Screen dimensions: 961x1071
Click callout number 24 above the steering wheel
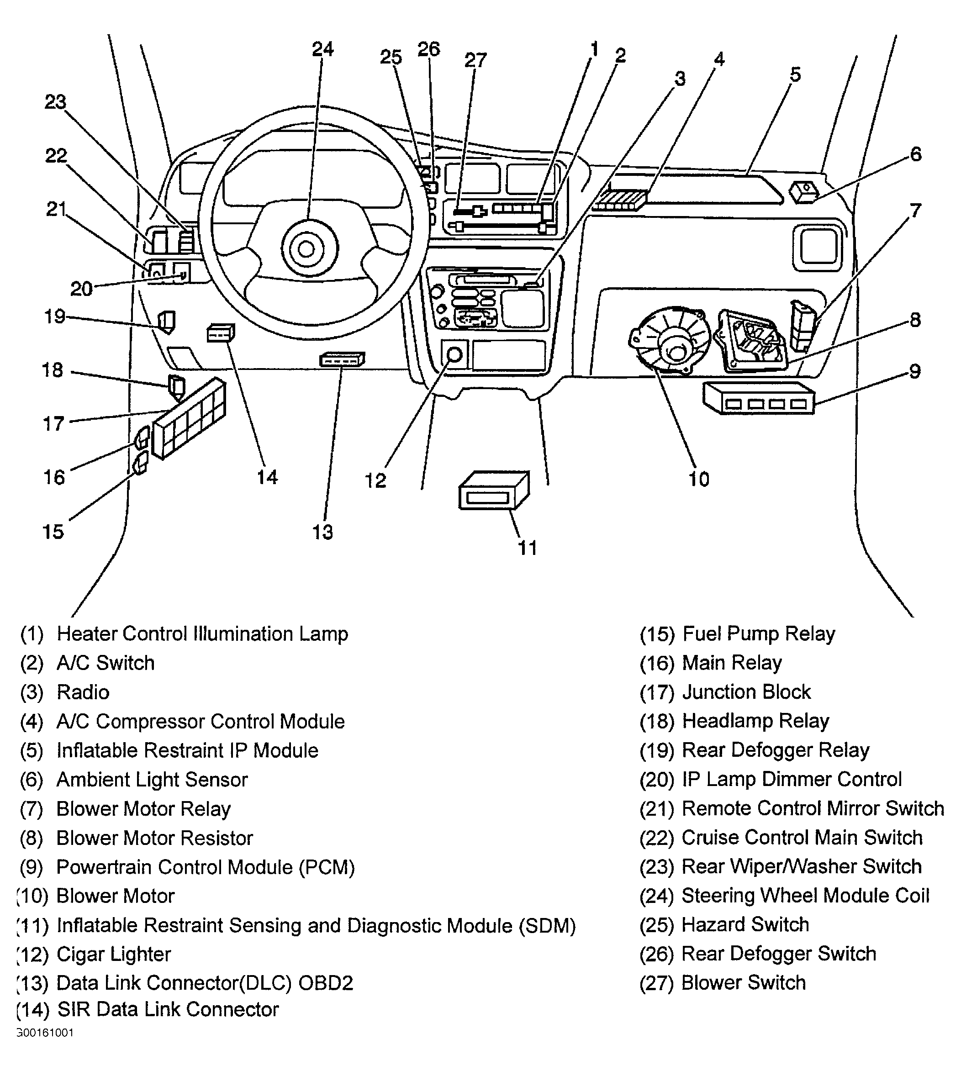(x=322, y=49)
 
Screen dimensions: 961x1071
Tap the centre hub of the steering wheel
(x=306, y=248)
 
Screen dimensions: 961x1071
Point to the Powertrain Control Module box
(x=758, y=398)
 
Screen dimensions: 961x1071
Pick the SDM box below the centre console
(x=494, y=491)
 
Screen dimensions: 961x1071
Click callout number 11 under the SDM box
(x=527, y=548)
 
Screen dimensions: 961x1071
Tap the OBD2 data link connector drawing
(x=342, y=360)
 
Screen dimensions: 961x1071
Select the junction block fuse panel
(x=189, y=418)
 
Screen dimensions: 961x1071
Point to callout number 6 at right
(x=916, y=154)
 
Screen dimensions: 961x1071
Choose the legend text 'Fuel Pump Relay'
(x=759, y=634)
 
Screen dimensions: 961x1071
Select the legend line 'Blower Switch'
(x=744, y=983)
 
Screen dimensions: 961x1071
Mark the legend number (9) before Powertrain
(x=32, y=867)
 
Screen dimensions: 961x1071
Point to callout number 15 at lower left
(x=53, y=532)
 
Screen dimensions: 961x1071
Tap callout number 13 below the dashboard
(x=322, y=532)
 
